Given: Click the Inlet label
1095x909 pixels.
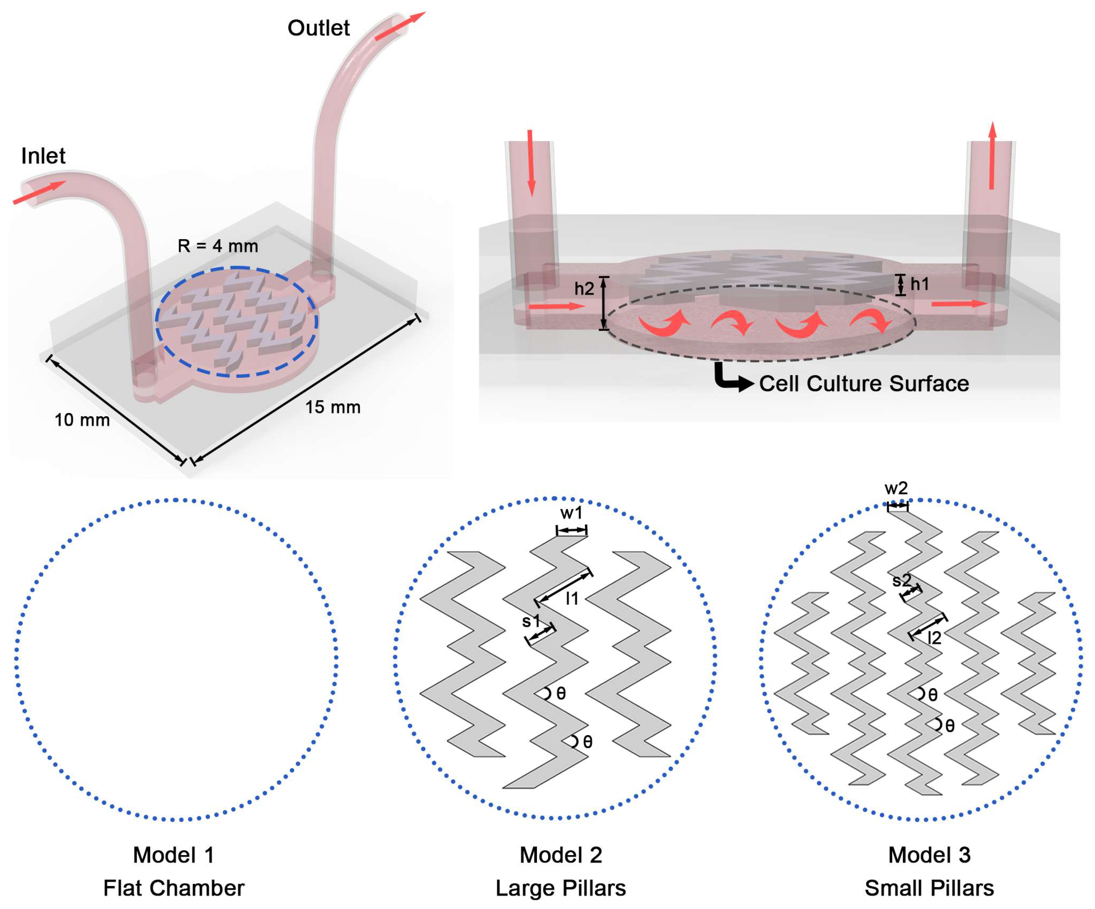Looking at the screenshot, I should [x=43, y=156].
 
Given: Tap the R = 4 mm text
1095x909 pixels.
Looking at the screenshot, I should [x=218, y=246].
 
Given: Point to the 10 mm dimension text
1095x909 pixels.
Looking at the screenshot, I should [x=82, y=420].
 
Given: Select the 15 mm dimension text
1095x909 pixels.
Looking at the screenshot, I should [x=333, y=407].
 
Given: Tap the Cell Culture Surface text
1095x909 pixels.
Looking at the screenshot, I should [x=864, y=384].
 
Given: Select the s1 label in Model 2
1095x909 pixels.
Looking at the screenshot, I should [x=531, y=621].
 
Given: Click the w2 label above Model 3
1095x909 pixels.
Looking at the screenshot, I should [x=896, y=488].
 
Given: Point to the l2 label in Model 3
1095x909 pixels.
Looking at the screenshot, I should [x=934, y=638].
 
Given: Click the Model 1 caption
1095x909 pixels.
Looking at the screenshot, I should [x=174, y=855].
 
